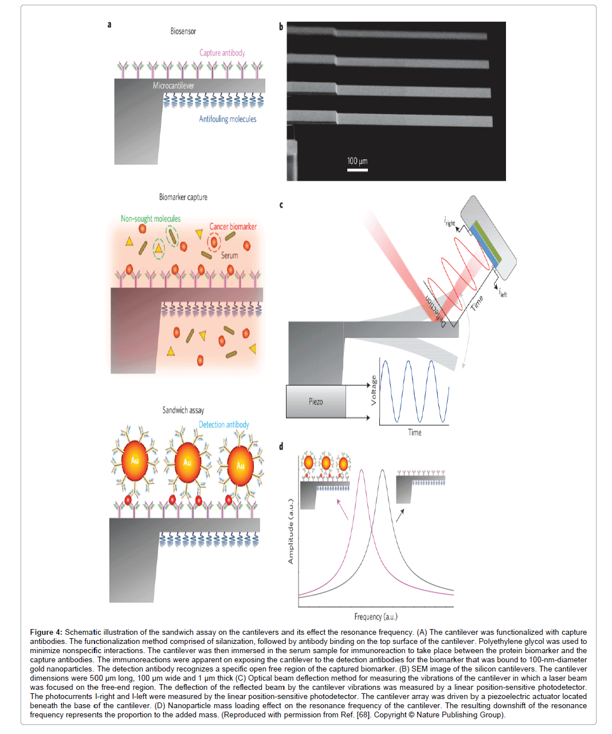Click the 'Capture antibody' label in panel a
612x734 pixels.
point(222,53)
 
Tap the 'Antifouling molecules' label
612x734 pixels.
point(227,119)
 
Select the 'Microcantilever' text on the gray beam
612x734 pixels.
point(173,85)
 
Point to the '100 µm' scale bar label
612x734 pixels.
point(357,161)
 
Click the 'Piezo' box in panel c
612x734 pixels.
point(316,401)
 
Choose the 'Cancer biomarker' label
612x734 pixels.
point(233,227)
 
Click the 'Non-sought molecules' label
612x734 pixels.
point(150,218)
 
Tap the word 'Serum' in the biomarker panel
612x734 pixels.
point(229,255)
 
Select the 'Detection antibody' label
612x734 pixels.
point(223,425)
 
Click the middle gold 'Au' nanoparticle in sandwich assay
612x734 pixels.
point(187,462)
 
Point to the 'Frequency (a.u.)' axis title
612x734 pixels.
point(375,616)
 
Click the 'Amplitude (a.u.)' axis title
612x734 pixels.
point(291,531)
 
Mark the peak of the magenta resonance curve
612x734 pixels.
point(361,471)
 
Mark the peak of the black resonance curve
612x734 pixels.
point(382,471)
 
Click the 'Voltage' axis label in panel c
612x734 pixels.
point(374,390)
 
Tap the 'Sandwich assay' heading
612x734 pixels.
point(183,410)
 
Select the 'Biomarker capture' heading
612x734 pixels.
point(183,197)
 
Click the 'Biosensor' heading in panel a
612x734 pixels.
point(183,31)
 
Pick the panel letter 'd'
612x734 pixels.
point(281,446)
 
